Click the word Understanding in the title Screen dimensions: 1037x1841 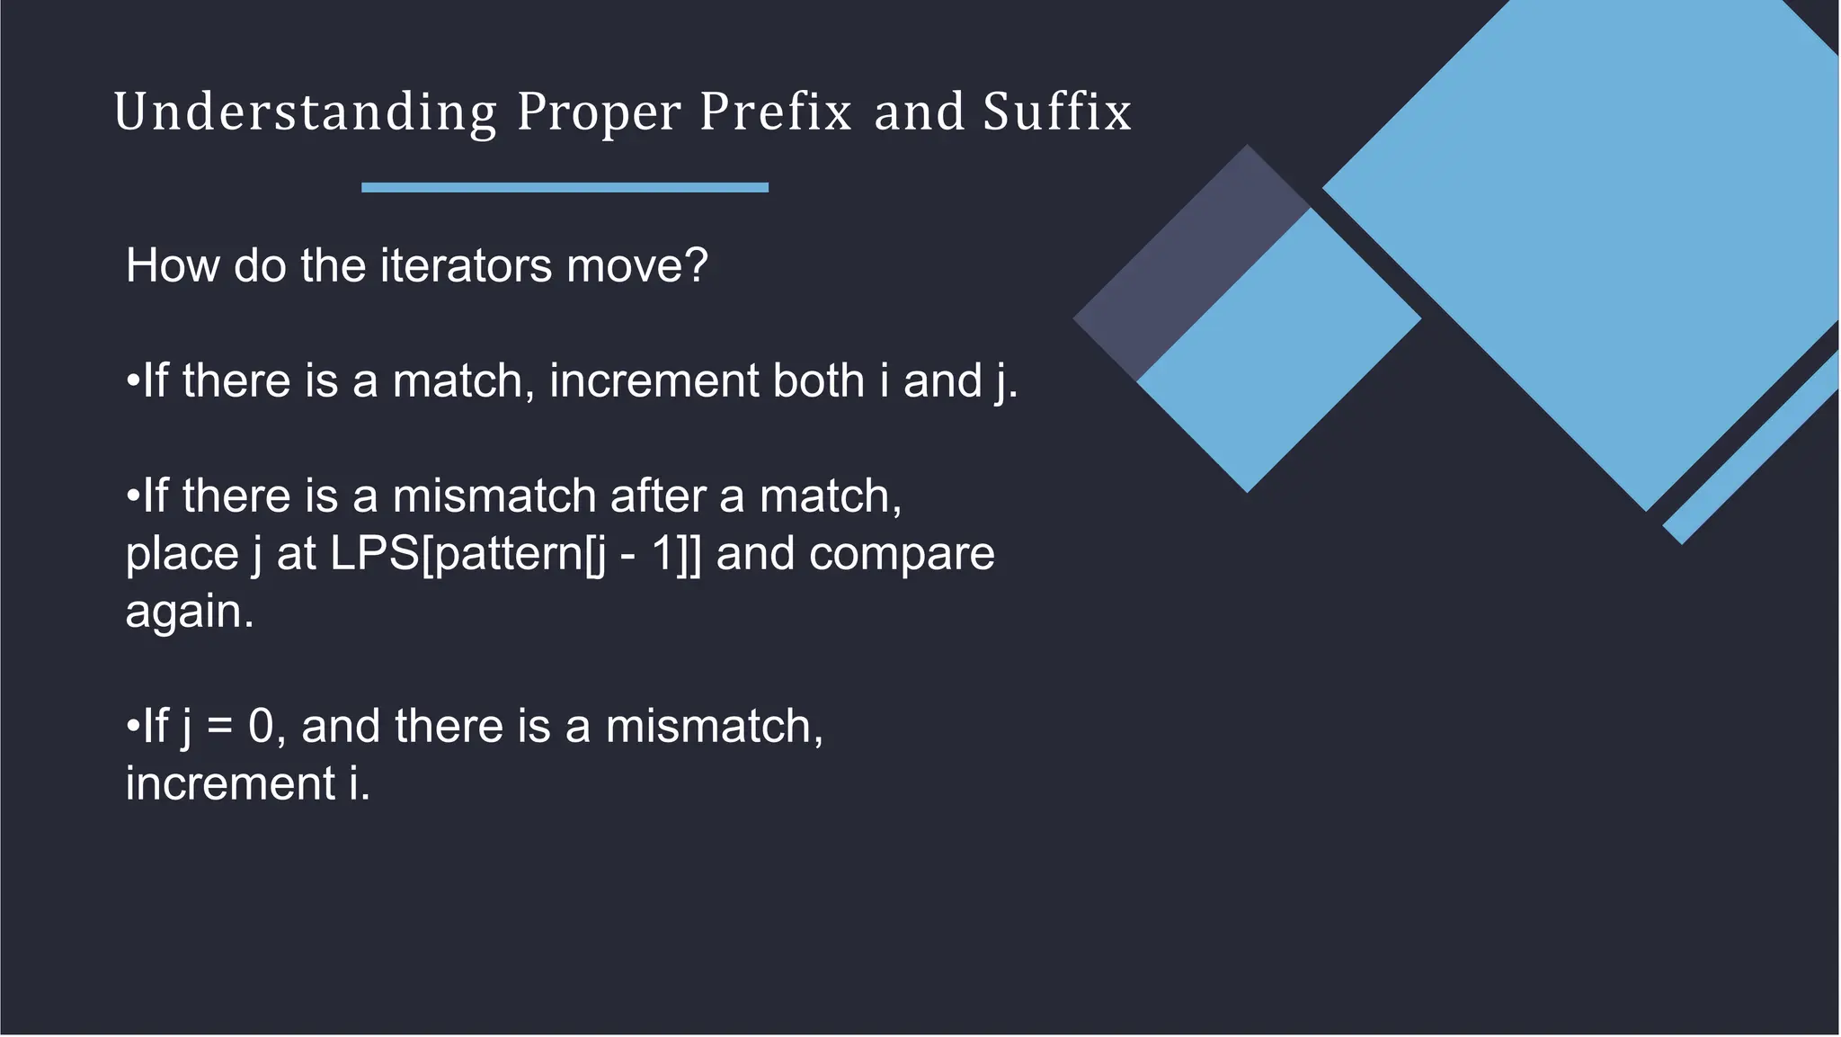(305, 113)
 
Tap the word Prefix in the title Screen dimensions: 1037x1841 (775, 113)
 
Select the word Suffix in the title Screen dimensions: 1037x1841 (1057, 113)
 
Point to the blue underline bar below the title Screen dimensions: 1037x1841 (565, 187)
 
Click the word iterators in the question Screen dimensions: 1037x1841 (466, 266)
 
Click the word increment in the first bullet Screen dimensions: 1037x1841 (654, 380)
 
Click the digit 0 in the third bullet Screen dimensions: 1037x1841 (261, 726)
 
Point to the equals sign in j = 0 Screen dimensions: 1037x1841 (219, 727)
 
